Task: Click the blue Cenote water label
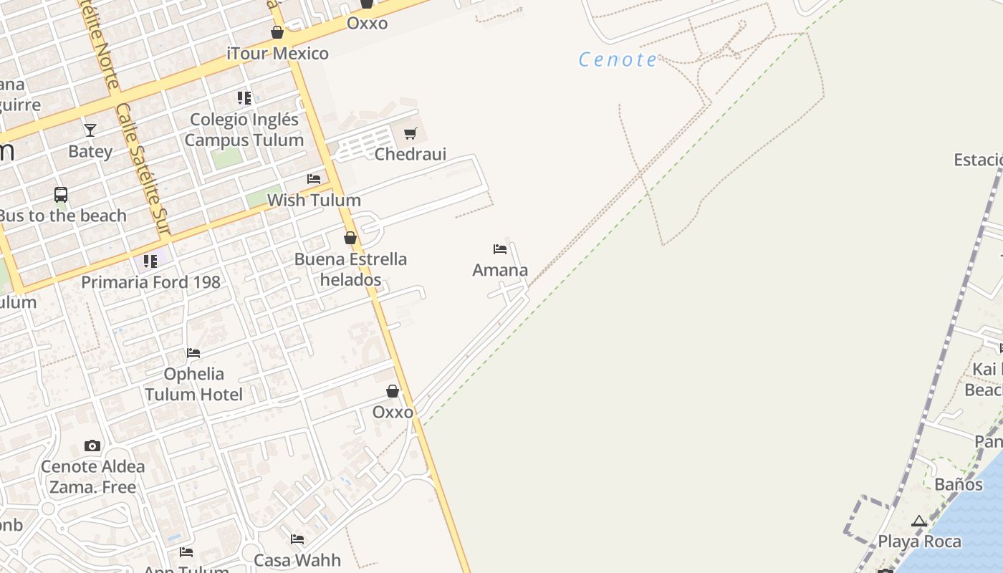point(617,59)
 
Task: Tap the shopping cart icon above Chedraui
point(411,133)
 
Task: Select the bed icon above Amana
point(500,249)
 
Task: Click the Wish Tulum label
point(314,200)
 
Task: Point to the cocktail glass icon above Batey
point(90,130)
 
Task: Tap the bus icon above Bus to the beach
point(61,194)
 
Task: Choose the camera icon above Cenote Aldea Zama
point(92,446)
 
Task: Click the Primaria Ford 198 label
point(150,282)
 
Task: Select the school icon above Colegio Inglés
point(244,98)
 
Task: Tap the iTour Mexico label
point(277,54)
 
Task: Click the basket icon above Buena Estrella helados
point(350,238)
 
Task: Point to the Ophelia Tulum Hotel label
point(193,384)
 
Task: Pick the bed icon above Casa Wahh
point(297,539)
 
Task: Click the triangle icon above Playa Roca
point(919,521)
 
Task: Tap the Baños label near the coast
point(958,484)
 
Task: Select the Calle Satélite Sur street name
point(144,169)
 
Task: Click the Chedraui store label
point(411,154)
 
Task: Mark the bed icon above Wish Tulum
point(314,178)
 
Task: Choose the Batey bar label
point(90,151)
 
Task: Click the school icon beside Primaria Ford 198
point(150,261)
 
